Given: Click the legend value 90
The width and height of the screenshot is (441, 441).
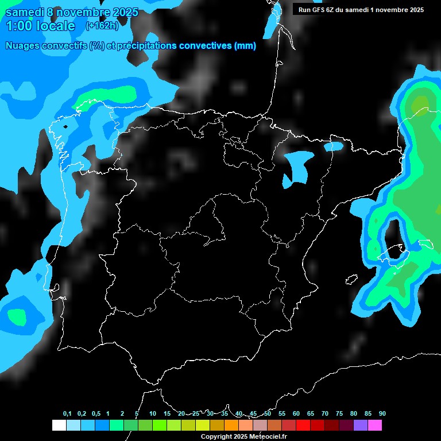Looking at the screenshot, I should (x=382, y=414).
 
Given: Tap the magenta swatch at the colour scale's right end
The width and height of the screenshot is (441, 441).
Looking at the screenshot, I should (x=375, y=425).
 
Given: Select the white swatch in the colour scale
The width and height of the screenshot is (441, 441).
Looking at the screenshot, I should (x=59, y=425).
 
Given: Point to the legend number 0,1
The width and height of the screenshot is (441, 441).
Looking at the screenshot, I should (x=67, y=414).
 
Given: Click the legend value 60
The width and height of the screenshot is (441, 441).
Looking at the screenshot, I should (x=296, y=414).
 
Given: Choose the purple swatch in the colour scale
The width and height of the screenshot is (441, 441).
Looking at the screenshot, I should (x=361, y=425).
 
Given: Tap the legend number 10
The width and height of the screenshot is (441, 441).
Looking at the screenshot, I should (x=153, y=414).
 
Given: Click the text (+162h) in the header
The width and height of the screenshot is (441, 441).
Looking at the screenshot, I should (x=102, y=26).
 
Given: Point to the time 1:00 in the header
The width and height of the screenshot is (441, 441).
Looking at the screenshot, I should (x=18, y=26).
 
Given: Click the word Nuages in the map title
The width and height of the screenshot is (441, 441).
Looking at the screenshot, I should (x=23, y=46).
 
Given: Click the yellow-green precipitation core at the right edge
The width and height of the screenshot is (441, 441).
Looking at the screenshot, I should (x=420, y=104).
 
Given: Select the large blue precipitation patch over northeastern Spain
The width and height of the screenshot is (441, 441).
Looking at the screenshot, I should (x=299, y=167).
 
